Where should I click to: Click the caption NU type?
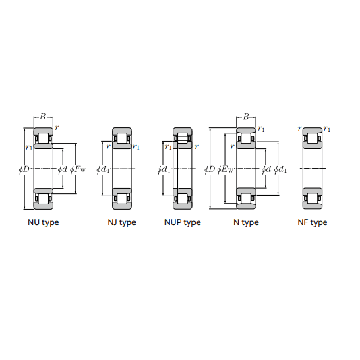[x=43, y=222]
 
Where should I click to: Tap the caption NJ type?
[x=121, y=222]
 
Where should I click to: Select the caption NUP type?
[x=183, y=222]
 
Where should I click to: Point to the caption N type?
[x=246, y=222]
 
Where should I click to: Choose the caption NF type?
[x=312, y=222]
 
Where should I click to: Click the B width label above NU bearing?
[x=43, y=117]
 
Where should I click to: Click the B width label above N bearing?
[x=246, y=117]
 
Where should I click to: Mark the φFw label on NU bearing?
[x=78, y=169]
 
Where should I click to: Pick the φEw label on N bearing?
[x=225, y=169]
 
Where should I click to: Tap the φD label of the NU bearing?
[x=24, y=169]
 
